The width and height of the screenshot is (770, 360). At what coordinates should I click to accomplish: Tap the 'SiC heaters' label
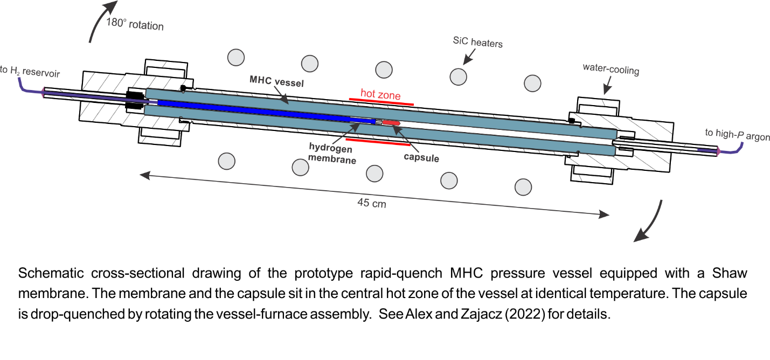[478, 42]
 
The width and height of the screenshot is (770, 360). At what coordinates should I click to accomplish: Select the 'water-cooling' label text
[611, 68]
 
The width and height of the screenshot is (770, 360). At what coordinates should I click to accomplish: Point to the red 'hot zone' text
[380, 95]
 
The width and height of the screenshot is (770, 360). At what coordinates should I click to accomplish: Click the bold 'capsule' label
[421, 158]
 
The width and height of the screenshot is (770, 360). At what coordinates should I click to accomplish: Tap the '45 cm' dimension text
[372, 204]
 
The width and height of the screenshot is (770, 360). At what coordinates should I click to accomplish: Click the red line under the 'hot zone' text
[381, 101]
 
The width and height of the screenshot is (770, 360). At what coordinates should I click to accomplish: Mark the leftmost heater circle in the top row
[235, 57]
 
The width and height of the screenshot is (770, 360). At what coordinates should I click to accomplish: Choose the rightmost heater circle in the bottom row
[523, 187]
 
